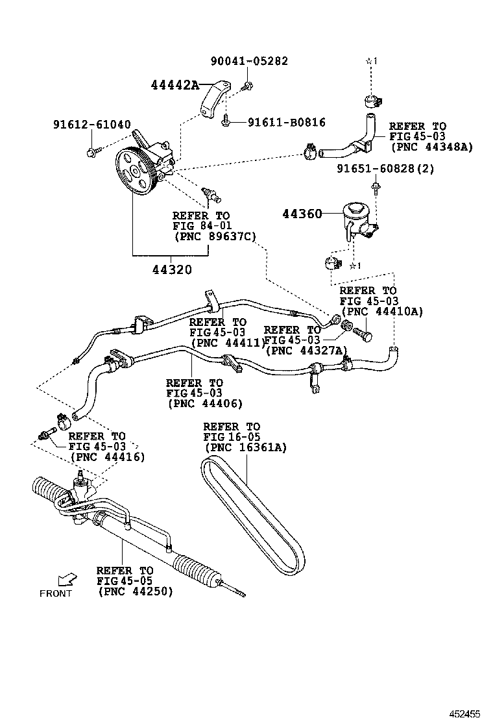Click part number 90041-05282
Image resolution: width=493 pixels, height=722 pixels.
tap(249, 61)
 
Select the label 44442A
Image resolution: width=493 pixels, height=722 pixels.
tap(174, 85)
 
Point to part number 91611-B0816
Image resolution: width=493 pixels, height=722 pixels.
tap(287, 122)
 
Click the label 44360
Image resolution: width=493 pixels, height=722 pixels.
tap(302, 213)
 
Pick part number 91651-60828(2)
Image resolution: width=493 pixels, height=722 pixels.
tap(385, 169)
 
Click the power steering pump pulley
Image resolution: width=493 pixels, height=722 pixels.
tap(137, 172)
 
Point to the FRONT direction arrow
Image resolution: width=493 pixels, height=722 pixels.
tap(65, 579)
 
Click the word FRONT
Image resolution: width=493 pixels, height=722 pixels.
tap(56, 593)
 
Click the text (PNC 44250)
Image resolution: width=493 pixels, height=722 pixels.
tap(136, 592)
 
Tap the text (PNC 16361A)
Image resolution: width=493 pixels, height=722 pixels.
tap(246, 447)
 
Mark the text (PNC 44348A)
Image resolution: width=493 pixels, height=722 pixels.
tap(431, 147)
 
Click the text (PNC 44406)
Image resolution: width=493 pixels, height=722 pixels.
tap(205, 403)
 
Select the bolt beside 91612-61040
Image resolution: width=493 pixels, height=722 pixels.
tap(91, 153)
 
